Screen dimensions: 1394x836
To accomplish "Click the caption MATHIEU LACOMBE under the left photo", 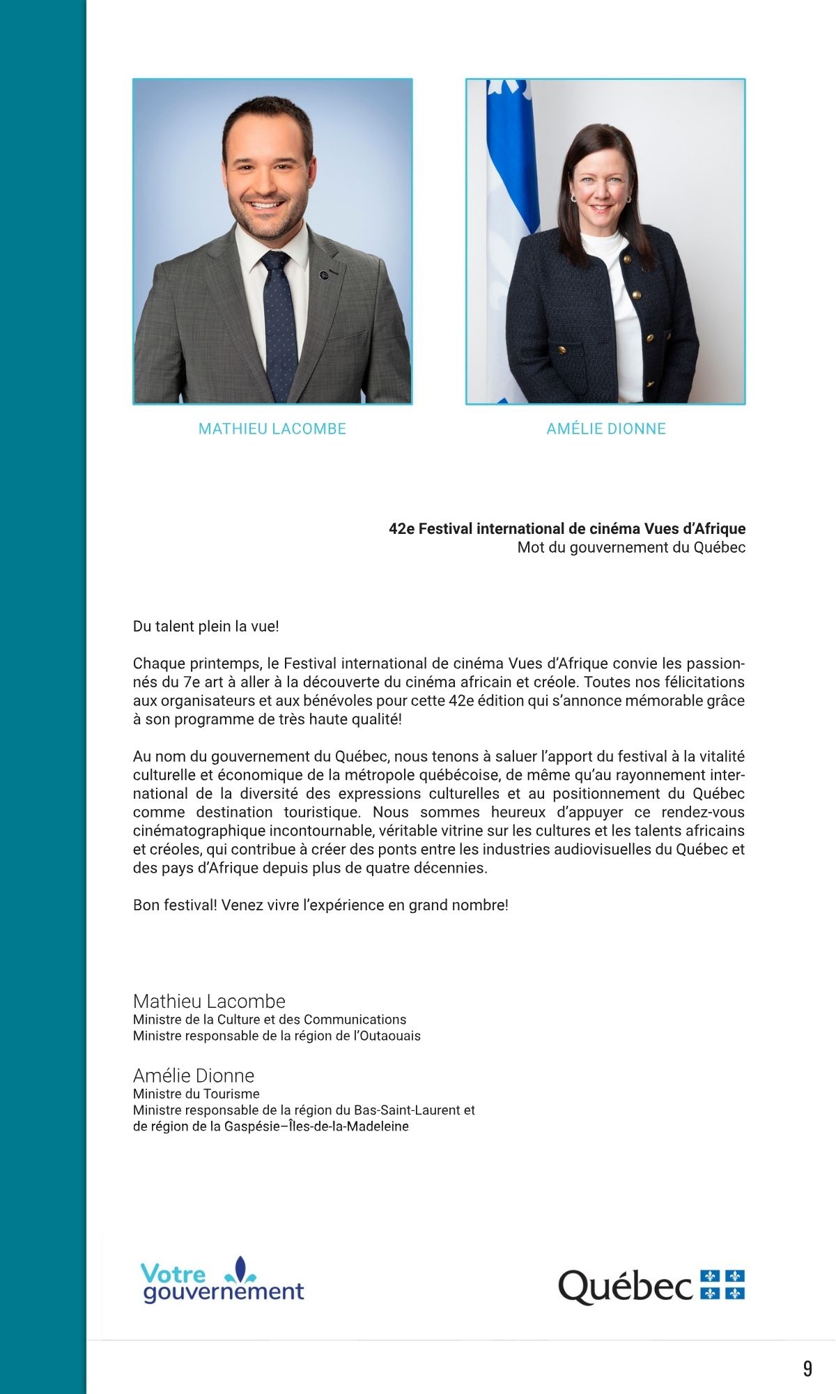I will pos(272,429).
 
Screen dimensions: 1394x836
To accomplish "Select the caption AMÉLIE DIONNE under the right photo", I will pos(606,429).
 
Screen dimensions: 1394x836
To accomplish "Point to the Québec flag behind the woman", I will pos(509,209).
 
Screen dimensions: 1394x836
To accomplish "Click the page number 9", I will pos(807,1369).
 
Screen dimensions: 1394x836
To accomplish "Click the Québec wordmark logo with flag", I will pos(651,1285).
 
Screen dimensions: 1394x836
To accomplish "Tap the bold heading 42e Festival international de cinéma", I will pos(567,529).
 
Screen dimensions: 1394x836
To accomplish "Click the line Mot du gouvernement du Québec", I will pos(631,548).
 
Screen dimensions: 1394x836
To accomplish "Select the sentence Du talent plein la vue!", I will pos(206,627).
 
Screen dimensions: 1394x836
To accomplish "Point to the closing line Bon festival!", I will pos(320,905).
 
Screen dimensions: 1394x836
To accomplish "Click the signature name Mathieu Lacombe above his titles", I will pos(209,1002).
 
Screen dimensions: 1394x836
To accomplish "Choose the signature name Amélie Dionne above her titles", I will pos(194,1075).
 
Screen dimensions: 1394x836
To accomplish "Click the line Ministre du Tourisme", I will pos(196,1094).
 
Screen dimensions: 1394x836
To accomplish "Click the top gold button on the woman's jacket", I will pos(626,260).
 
